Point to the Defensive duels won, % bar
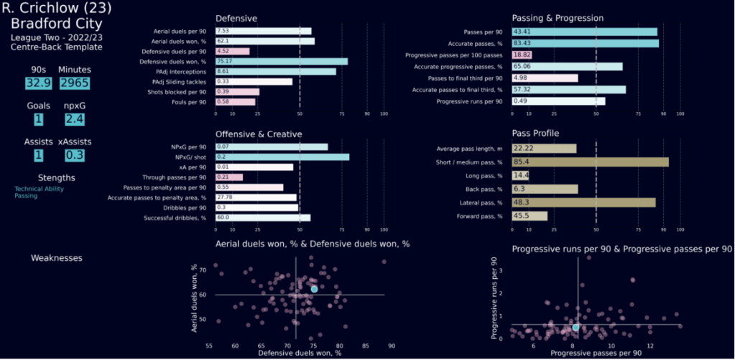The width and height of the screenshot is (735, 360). [282, 61]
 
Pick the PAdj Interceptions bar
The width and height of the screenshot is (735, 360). [276, 71]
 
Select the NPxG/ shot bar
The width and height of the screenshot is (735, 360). [282, 157]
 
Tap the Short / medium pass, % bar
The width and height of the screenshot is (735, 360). [590, 162]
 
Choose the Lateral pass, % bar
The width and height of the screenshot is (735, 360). [583, 202]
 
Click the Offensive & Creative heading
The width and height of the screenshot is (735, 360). [259, 134]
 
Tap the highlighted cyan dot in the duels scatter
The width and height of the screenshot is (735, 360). [314, 289]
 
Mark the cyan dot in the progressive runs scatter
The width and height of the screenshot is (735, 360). [575, 327]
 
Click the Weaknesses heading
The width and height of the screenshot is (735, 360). [56, 257]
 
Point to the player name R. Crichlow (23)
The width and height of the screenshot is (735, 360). [57, 9]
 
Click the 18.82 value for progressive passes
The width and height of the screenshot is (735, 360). [521, 55]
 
